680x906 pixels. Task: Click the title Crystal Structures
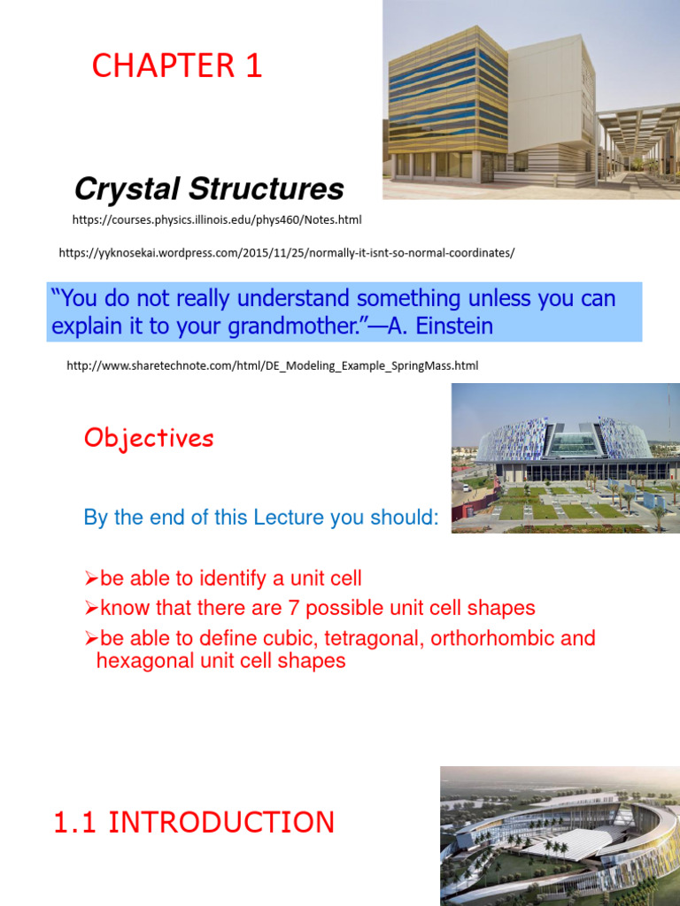point(208,188)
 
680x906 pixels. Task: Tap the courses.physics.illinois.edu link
point(217,219)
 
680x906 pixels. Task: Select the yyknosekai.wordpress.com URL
point(286,253)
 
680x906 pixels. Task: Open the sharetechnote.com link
point(272,365)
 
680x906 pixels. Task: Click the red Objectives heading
point(149,438)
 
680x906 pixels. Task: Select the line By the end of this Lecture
point(261,518)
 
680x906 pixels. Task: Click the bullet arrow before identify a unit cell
point(90,580)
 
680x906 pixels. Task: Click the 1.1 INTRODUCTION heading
point(194,822)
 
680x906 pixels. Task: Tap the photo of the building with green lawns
point(565,458)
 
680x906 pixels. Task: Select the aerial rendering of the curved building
point(560,836)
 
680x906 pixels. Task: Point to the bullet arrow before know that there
point(90,609)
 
